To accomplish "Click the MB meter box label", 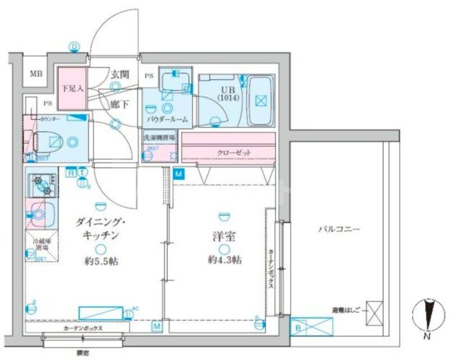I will click(35, 74).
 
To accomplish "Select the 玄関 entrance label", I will click(119, 73).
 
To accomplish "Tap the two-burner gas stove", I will click(42, 183).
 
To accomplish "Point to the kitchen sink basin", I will click(40, 214).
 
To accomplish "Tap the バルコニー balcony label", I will click(339, 229).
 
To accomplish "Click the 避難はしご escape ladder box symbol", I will click(375, 313).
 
